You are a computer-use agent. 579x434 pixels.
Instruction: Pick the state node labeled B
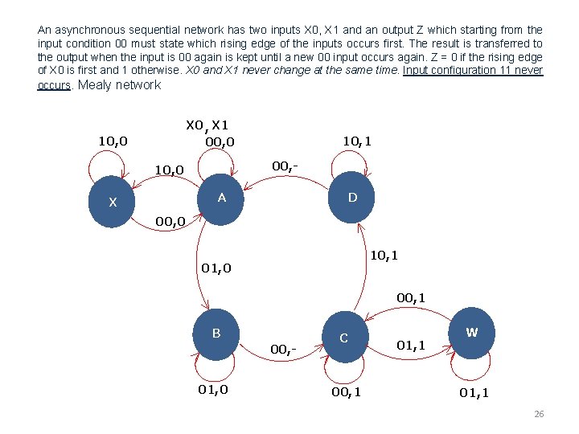216,334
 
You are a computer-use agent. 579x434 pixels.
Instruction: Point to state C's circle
343,337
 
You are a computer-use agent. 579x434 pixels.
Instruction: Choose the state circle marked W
472,332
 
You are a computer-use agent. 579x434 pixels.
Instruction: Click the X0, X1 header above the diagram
207,125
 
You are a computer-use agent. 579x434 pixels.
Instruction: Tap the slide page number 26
539,414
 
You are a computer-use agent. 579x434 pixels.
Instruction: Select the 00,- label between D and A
285,166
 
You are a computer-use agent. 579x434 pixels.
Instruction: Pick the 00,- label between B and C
283,349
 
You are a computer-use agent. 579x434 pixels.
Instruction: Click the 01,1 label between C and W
410,346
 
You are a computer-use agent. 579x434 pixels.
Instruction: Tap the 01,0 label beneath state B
213,390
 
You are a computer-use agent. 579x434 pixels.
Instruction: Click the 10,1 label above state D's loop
356,141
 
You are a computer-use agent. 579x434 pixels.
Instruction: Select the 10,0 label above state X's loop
112,141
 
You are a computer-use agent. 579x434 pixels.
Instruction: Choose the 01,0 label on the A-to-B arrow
216,268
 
